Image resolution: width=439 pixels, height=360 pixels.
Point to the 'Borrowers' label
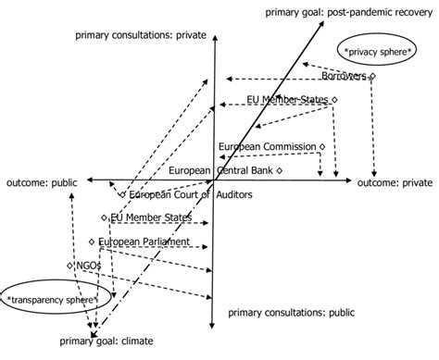point(344,75)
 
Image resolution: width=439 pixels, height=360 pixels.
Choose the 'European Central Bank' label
point(221,170)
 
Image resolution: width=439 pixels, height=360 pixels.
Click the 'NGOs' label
point(88,266)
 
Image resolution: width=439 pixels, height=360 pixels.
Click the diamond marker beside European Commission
point(321,146)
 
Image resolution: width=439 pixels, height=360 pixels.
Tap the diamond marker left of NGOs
point(69,266)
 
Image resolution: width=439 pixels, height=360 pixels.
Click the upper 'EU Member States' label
point(288,99)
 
